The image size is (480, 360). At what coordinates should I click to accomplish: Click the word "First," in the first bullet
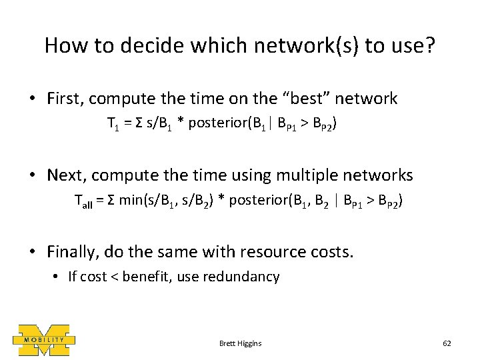click(65, 99)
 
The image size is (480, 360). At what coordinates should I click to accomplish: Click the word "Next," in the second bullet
click(65, 175)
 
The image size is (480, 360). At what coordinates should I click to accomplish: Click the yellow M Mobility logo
click(43, 340)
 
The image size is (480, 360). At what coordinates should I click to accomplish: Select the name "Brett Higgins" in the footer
click(240, 343)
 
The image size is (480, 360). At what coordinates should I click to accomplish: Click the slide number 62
click(447, 343)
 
